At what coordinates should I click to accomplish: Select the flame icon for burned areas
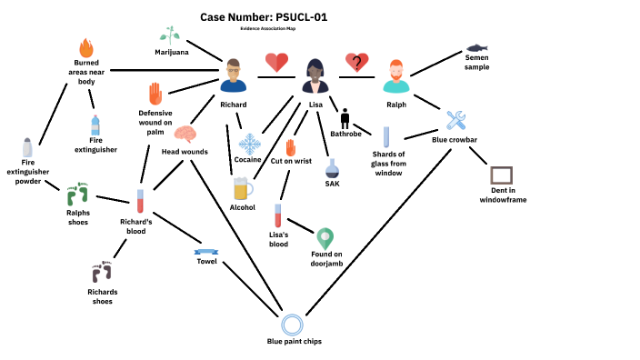pos(86,48)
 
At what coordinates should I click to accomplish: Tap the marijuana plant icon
pos(169,35)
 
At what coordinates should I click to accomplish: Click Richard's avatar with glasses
pos(234,75)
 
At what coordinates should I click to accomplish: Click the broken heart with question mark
pos(356,63)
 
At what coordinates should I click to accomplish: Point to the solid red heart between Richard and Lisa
pos(276,63)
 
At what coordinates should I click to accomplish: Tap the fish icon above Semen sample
pos(477,47)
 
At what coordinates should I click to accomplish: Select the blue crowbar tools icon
pos(455,120)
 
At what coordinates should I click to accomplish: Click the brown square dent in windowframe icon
pos(501,176)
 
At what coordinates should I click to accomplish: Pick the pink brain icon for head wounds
pos(185,135)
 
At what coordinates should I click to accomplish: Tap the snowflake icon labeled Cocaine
pos(249,143)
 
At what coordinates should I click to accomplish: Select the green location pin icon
pos(325,238)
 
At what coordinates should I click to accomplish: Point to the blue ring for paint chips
pos(293,324)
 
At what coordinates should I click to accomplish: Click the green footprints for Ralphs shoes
pos(78,193)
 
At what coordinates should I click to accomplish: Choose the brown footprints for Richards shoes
pos(102,272)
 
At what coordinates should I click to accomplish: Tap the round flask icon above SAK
pos(332,168)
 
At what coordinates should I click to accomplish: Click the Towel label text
pos(206,261)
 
